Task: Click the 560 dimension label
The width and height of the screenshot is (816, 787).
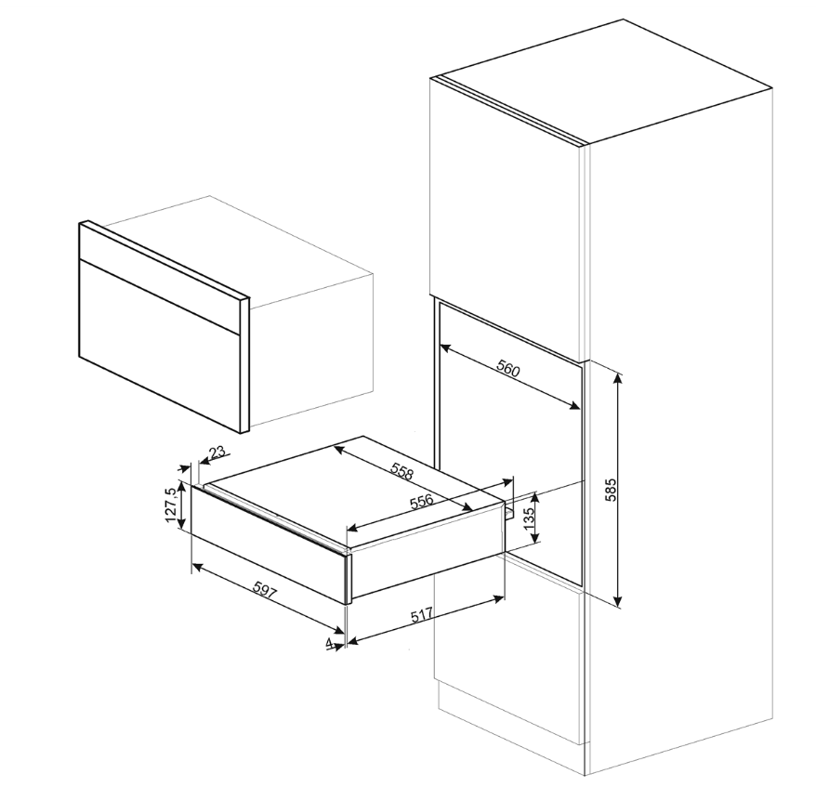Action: [507, 369]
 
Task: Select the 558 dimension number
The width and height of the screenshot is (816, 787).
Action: [401, 471]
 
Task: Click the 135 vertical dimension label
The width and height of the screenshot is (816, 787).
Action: [530, 521]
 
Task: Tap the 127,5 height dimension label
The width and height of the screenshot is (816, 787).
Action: [169, 506]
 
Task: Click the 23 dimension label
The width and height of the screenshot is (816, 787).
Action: [216, 453]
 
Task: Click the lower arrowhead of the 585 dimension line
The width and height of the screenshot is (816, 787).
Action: [619, 603]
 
